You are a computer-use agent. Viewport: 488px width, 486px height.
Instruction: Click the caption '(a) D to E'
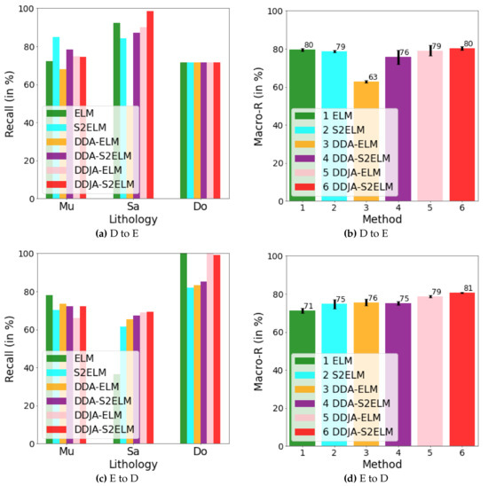click(x=120, y=232)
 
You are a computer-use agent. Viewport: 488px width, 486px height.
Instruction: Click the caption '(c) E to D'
click(x=120, y=477)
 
